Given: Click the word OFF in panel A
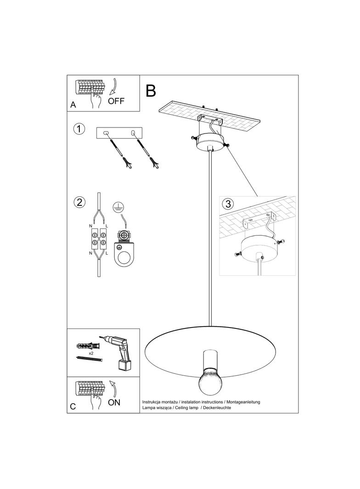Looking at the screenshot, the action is pyautogui.click(x=116, y=101).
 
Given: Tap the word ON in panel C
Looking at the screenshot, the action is pyautogui.click(x=114, y=402).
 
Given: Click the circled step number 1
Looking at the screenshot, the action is pyautogui.click(x=79, y=129).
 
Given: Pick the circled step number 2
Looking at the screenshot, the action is pyautogui.click(x=79, y=202).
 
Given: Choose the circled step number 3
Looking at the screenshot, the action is pyautogui.click(x=228, y=204).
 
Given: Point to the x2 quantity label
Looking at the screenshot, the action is pyautogui.click(x=91, y=353).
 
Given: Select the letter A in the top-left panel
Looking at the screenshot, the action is pyautogui.click(x=73, y=105).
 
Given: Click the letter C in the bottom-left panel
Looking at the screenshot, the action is pyautogui.click(x=73, y=406).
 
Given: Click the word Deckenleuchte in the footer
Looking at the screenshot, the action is pyautogui.click(x=217, y=408).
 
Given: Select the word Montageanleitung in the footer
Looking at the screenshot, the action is pyautogui.click(x=243, y=402).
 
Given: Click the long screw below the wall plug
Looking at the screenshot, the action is pyautogui.click(x=89, y=359).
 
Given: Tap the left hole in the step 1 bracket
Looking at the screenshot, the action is pyautogui.click(x=106, y=133).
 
